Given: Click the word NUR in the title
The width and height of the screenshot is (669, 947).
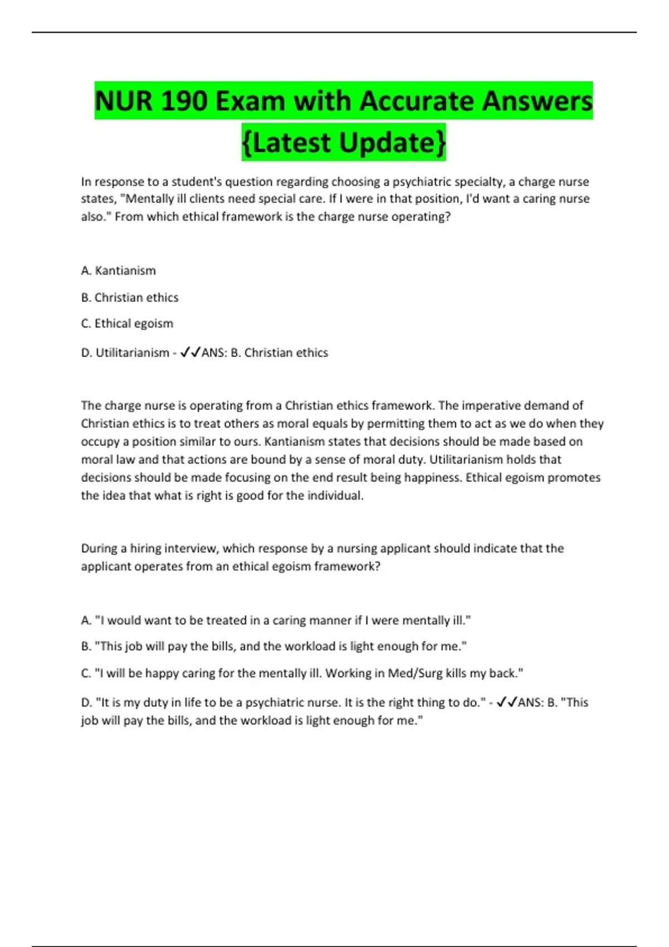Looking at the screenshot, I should click(x=123, y=101).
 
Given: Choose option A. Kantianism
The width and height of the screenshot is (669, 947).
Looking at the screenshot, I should click(x=118, y=271).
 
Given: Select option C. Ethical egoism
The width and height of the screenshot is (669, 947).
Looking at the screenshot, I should click(x=127, y=324).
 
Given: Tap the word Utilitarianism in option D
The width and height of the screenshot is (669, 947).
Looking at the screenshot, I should click(x=132, y=353).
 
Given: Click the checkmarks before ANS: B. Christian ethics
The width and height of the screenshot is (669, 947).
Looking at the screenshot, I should click(x=190, y=353).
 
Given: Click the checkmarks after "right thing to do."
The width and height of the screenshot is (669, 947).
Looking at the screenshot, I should click(x=506, y=702).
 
